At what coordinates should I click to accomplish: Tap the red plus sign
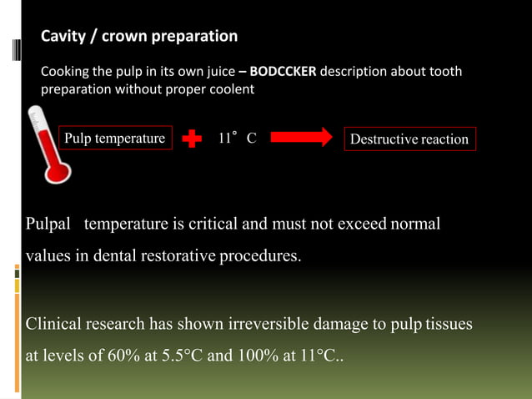pos(192,139)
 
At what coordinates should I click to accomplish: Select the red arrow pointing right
pos(301,139)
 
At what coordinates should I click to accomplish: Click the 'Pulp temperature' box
pos(115,139)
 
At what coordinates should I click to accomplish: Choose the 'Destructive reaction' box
pos(409,139)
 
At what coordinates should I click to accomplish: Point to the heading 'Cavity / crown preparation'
pos(139,37)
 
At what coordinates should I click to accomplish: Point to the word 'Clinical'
pos(57,323)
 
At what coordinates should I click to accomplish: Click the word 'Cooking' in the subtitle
pos(66,72)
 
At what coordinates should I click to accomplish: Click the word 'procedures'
pos(259,255)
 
